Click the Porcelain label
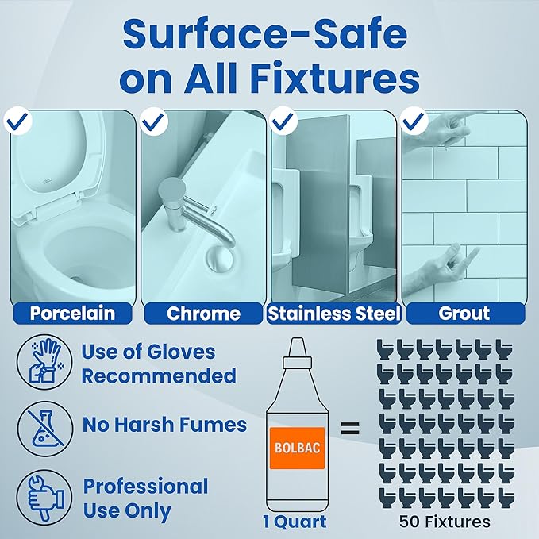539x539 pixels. coord(72,313)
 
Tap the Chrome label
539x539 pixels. coord(203,313)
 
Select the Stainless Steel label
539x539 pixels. coord(334,313)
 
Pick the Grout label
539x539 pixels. coord(465,313)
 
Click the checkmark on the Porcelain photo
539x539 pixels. coord(17,121)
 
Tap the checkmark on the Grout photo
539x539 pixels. coord(414,121)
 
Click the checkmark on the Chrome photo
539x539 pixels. coord(154,121)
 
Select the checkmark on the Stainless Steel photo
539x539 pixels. coord(283,121)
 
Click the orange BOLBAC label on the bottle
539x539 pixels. coord(298,448)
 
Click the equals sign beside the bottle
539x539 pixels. coord(350,428)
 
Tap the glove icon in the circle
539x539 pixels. coord(44,362)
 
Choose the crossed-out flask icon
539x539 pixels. coord(44,429)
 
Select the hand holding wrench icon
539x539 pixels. coord(44,498)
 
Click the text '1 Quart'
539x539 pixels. coord(295,522)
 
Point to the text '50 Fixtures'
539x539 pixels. coord(445,522)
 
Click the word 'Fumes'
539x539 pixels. coord(214,425)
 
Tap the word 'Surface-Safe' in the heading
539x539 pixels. coord(265,33)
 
